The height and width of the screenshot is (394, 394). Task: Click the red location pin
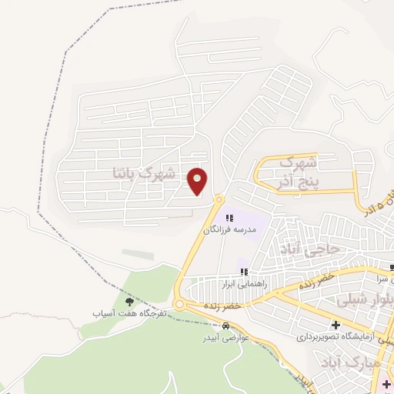(199, 182)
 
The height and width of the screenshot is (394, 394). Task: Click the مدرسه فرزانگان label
(228, 229)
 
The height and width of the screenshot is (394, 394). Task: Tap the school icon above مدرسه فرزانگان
(229, 218)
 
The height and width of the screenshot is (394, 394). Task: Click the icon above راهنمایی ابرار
(243, 272)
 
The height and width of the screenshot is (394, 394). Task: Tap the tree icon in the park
(129, 301)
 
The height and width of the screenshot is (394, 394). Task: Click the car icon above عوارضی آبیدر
(225, 326)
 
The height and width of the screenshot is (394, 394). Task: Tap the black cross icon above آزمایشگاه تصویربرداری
(336, 325)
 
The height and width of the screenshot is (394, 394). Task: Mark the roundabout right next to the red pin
(219, 199)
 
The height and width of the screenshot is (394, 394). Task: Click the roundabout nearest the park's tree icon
(179, 305)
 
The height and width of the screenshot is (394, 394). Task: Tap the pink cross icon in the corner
(386, 383)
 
